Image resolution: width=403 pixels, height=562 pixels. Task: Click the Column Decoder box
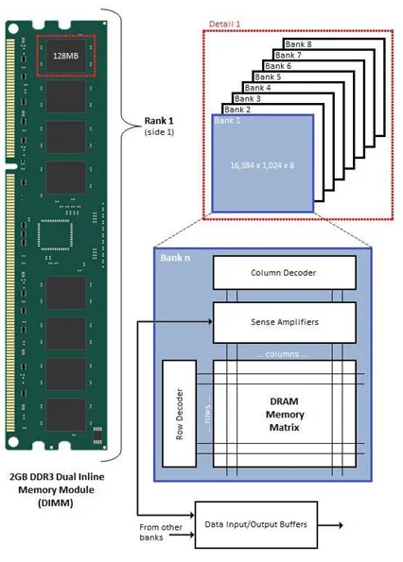click(x=284, y=272)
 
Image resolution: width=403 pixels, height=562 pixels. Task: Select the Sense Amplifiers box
click(x=284, y=322)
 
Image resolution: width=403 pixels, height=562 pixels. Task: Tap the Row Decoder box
click(x=180, y=414)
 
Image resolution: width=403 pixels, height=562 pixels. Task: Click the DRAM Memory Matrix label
click(x=284, y=415)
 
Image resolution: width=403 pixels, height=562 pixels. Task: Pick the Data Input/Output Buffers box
click(x=255, y=525)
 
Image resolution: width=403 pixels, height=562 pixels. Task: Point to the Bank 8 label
click(x=298, y=44)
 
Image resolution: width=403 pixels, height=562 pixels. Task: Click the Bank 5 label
click(x=268, y=77)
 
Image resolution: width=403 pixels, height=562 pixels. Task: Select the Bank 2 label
click(x=237, y=110)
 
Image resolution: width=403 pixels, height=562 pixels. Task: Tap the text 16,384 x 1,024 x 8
click(x=262, y=165)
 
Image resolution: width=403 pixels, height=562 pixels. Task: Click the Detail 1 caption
click(x=224, y=24)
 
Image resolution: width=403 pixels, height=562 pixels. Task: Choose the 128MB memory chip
click(x=65, y=56)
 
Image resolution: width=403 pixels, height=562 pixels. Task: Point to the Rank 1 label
click(x=159, y=121)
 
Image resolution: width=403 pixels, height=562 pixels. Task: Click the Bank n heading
click(x=175, y=258)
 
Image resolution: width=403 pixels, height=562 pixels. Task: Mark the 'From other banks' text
click(x=161, y=533)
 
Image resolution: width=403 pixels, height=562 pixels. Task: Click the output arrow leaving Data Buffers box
click(x=330, y=525)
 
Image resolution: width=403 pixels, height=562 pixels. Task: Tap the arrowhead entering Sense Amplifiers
click(x=210, y=322)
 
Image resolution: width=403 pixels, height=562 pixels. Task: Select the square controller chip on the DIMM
click(x=55, y=235)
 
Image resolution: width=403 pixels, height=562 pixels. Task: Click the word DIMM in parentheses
click(x=55, y=502)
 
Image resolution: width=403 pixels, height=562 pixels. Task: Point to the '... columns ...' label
click(x=283, y=354)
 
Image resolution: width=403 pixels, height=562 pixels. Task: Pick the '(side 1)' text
click(x=159, y=132)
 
